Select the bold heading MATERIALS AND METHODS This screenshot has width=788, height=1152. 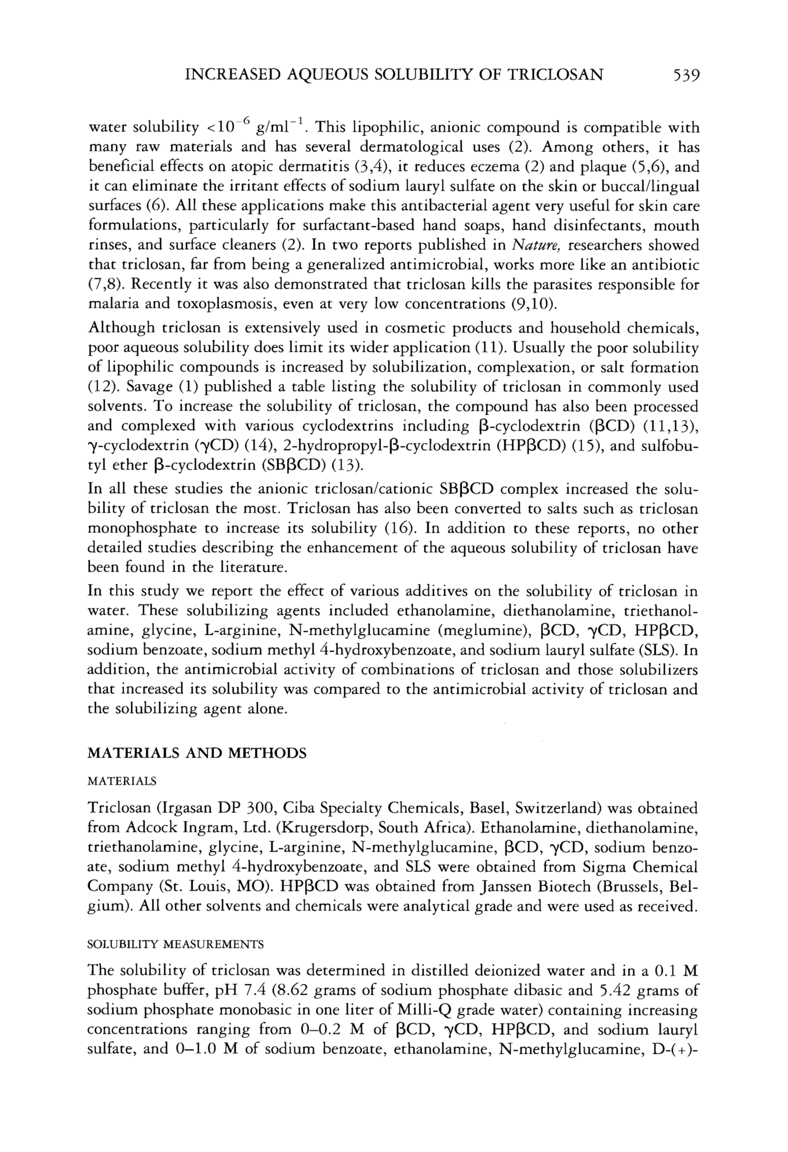point(197,753)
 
